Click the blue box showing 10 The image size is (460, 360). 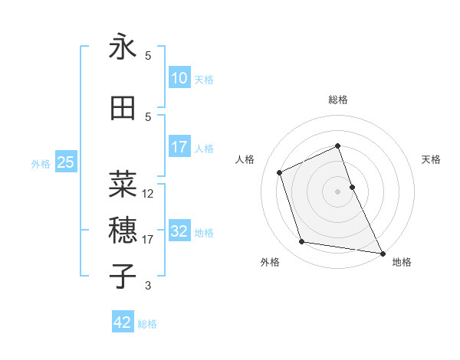pos(179,78)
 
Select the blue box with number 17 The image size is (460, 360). pos(179,148)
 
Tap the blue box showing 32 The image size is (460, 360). pos(179,232)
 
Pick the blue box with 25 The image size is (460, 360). pos(65,162)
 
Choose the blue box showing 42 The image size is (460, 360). pos(122,322)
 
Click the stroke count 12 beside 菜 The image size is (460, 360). pos(148,194)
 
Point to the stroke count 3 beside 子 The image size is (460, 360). pos(148,286)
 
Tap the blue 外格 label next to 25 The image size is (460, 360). pos(41,163)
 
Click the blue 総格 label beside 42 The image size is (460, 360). pos(147,324)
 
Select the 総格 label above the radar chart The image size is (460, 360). pos(337,100)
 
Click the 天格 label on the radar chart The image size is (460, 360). pos(431,159)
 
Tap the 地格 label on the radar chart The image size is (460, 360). pos(402,262)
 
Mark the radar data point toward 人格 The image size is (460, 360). pos(280,172)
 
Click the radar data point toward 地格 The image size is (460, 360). pos(382,252)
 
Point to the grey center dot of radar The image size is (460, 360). pos(337,191)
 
